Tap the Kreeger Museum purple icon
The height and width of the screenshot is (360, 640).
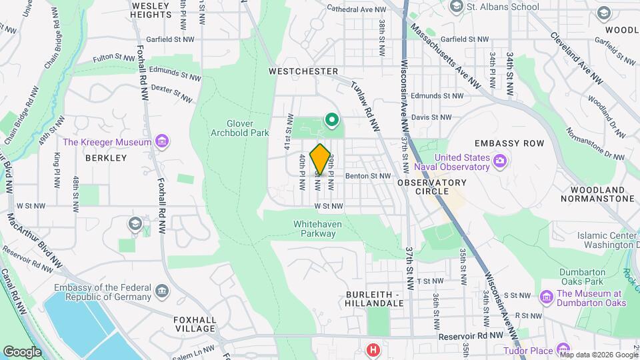161,141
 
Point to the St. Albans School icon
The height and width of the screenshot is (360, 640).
457,7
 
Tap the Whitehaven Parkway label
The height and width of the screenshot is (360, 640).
318,229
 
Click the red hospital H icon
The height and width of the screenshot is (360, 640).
373,349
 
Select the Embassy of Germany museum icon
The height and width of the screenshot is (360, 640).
161,291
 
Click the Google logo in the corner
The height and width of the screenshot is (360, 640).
22,351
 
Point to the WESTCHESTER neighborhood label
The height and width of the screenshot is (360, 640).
303,71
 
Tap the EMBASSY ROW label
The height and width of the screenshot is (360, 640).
509,143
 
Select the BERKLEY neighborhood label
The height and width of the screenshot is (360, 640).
106,158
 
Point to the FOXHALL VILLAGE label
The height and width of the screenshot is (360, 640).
195,324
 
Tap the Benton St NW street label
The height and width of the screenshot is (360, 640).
367,176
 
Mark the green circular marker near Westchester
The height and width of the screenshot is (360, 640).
331,120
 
